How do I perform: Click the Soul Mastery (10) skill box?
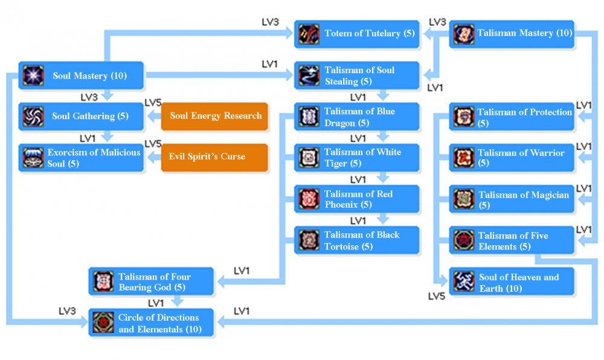(81, 76)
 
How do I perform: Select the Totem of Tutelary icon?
(309, 34)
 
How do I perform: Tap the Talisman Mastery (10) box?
(512, 34)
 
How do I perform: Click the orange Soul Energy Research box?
(214, 116)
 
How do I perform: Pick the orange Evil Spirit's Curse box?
(214, 156)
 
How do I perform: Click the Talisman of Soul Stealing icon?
(309, 76)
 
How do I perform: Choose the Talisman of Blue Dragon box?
(357, 117)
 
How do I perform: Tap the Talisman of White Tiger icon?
(309, 158)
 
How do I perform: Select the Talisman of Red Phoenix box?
(357, 199)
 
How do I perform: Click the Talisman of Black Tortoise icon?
(309, 240)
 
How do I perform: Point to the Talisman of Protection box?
(512, 117)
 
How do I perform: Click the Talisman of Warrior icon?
(464, 158)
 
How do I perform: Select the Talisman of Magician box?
(512, 199)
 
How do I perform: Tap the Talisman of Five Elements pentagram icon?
(464, 240)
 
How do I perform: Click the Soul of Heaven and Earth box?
(512, 282)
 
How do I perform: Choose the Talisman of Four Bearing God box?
(152, 281)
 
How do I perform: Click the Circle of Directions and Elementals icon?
(103, 323)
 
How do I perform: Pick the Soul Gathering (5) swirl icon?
(33, 116)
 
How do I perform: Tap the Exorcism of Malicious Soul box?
(81, 158)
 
